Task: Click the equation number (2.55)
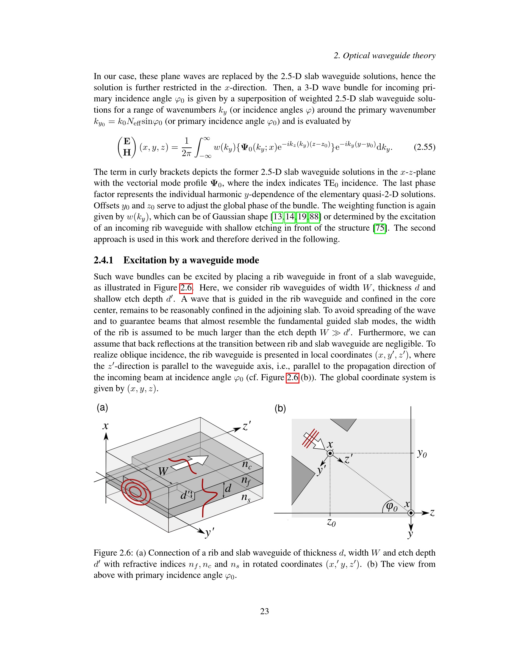coord(424,147)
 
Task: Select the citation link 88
coord(314,216)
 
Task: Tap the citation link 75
coord(380,228)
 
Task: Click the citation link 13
coord(278,216)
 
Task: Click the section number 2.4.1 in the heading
coord(103,260)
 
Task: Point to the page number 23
coord(264,611)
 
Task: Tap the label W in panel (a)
coord(163,471)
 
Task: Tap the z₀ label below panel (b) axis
coord(331,523)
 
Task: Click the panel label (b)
coord(280,408)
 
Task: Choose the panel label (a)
coord(102,408)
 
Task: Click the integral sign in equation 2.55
coord(199,147)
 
